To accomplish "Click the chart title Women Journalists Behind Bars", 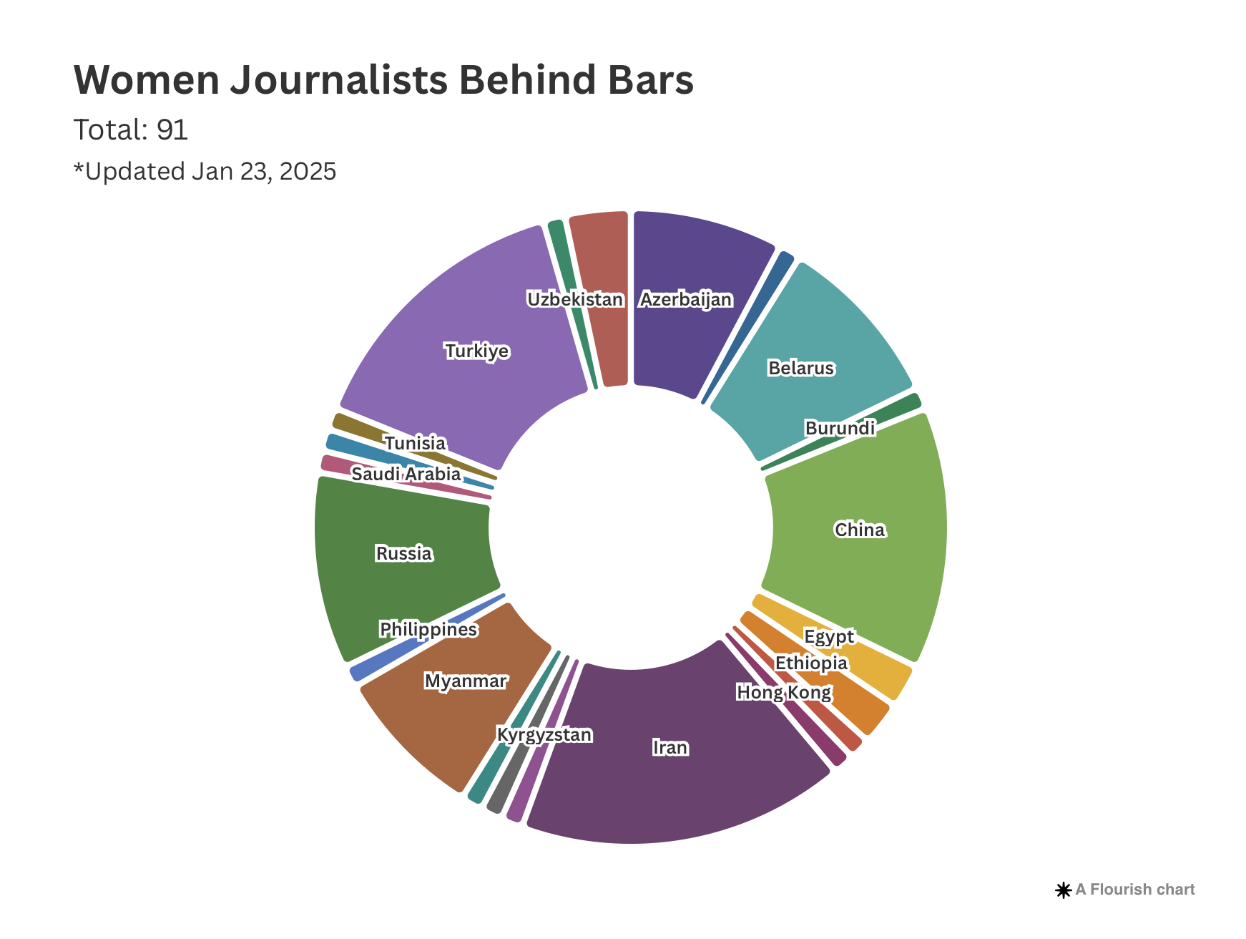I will point(383,80).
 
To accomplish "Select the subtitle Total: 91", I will point(131,130).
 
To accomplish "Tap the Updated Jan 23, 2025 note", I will point(205,172).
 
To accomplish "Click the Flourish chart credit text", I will point(1134,890).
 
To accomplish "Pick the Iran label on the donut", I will point(670,748).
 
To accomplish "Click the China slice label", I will point(860,530).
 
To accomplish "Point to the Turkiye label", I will point(477,351).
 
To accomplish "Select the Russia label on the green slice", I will point(404,554).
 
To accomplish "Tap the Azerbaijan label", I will point(686,300).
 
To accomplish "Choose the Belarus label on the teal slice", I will point(801,369).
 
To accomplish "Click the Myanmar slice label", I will point(466,681).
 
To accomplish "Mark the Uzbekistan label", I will point(575,300).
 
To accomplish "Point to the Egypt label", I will point(829,637).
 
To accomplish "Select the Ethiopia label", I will point(811,663).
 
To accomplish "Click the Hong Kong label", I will point(784,693).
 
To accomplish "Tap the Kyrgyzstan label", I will point(544,735).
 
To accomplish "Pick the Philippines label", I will point(428,630).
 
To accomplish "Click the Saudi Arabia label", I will point(406,475).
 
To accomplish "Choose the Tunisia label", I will point(415,444).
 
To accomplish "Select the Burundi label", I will point(840,429).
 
